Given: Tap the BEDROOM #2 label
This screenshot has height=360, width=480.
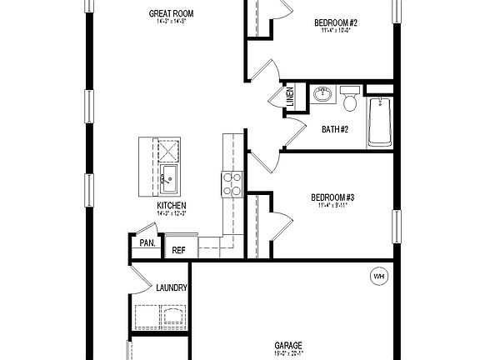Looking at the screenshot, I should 335,23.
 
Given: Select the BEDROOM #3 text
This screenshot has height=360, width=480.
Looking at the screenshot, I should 333,197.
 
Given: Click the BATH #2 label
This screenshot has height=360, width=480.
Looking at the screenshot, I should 335,128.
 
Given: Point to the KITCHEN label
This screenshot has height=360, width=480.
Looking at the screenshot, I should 172,206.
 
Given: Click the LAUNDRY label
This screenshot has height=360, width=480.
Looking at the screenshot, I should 172,288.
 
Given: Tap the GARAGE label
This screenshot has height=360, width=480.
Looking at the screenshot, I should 288,345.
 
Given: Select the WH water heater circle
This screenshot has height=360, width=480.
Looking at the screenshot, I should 379,276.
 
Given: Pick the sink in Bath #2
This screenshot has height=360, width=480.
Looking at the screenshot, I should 322,95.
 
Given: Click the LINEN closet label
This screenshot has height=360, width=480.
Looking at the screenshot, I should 289,97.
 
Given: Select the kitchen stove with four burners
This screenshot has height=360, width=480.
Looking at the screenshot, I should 231,182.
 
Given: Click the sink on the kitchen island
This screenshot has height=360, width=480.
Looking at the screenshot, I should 169,175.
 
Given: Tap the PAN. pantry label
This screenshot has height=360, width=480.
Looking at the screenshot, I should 147,243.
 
